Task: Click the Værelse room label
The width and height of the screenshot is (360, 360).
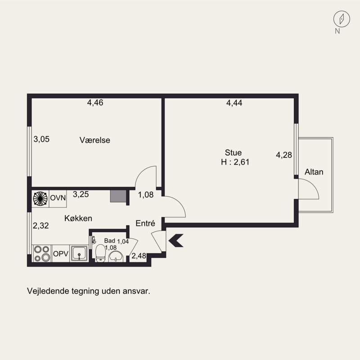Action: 95,140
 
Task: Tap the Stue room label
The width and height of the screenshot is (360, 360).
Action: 233,153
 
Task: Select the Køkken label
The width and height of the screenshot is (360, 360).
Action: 78,218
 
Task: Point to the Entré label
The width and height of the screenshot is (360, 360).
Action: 145,223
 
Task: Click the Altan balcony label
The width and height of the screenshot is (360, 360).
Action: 314,172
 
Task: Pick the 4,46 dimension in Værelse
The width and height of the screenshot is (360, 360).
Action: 95,103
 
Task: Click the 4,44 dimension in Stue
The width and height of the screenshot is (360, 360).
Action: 234,103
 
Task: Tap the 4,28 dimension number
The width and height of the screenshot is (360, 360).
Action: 284,155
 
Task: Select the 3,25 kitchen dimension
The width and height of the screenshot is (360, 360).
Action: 81,194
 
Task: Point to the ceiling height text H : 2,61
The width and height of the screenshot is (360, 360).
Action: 235,162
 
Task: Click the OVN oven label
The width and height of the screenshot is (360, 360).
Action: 58,198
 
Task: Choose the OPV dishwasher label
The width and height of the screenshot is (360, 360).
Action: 61,254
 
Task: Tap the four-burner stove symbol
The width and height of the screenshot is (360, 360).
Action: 42,253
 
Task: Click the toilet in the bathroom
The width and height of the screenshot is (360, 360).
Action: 100,253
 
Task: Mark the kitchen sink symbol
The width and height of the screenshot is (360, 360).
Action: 79,253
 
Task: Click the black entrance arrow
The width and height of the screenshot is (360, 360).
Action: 176,240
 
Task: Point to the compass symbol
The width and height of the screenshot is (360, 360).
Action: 342,19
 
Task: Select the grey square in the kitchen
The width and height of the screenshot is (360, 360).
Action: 118,196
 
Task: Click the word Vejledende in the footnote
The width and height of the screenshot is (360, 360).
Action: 48,291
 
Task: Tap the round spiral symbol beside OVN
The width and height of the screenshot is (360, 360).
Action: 40,198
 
